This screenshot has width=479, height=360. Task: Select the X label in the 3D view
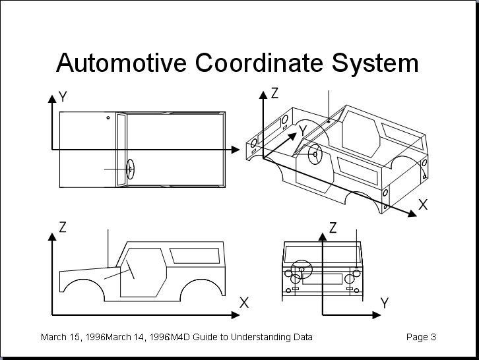point(423,204)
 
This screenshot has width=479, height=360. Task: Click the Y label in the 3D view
point(303,131)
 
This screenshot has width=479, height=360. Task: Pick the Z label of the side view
point(63,227)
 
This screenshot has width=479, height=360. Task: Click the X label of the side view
point(244,303)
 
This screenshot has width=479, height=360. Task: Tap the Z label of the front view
point(333,228)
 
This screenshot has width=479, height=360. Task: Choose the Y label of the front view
point(385,303)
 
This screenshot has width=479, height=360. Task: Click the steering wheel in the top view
point(130,169)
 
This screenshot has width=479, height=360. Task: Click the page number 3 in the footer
point(433,338)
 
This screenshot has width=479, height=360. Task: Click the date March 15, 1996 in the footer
point(73,338)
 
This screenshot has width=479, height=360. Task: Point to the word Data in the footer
point(302,338)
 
